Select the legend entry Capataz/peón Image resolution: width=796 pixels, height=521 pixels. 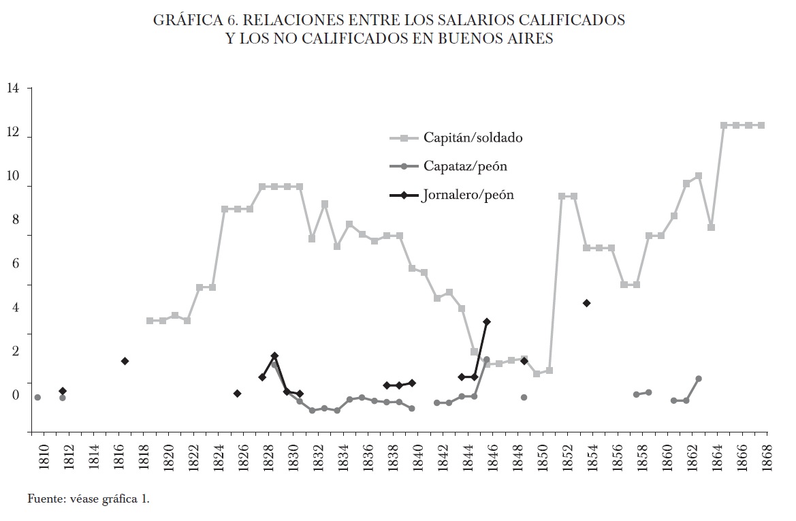coord(456,166)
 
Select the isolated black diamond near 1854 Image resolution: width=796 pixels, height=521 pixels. coord(586,303)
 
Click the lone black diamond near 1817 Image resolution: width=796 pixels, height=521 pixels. coord(125,361)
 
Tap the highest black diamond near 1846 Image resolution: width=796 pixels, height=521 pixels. coord(486,321)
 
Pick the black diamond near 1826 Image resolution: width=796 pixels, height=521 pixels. coord(237,394)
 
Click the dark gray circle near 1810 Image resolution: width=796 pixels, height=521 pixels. coord(37,397)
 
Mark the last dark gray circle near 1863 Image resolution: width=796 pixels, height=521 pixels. coord(699,379)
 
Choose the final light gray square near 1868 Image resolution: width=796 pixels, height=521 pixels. coord(761,125)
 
